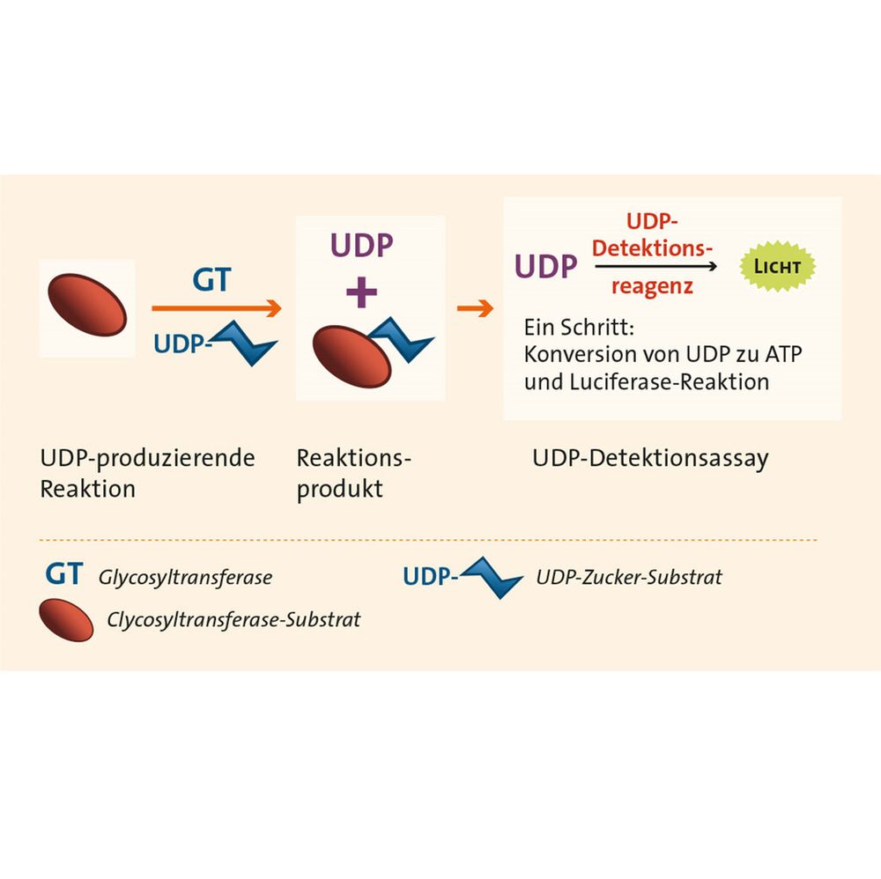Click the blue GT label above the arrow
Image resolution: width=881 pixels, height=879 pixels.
coord(211,279)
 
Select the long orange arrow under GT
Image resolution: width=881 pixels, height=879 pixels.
coord(216,308)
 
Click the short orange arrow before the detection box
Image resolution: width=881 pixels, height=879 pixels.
coord(475,308)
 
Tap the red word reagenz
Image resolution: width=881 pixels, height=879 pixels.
coord(652,286)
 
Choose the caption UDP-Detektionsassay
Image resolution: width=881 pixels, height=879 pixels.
coord(650,458)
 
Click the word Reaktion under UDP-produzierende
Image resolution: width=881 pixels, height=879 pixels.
coord(88,488)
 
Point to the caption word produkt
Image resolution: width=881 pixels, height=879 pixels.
coord(340,488)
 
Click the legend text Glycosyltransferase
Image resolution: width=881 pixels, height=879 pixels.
coord(185,578)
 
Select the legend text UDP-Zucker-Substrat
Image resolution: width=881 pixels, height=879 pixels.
coord(629,577)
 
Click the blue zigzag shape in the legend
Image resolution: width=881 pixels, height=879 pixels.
coord(492,578)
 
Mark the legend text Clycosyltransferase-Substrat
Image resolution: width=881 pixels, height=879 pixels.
coord(233,619)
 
